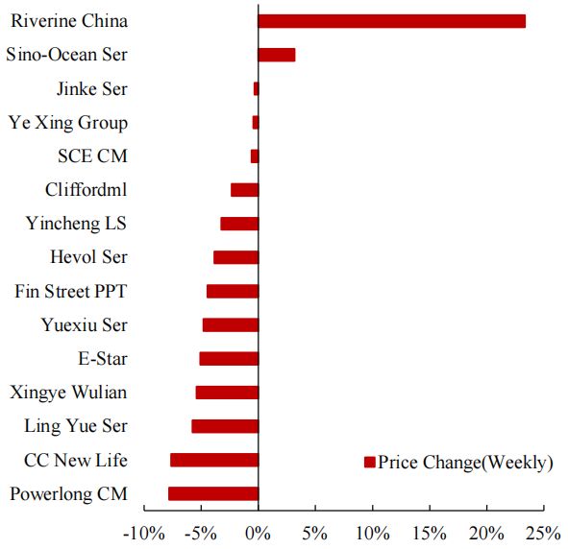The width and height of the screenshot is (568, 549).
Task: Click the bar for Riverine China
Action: click(392, 21)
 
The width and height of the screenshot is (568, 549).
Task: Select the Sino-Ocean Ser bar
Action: click(277, 55)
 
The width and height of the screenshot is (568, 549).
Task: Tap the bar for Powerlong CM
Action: click(213, 493)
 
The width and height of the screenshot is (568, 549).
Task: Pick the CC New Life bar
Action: click(214, 460)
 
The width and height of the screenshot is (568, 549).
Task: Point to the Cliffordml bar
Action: click(245, 190)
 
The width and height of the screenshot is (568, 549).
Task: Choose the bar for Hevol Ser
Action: click(236, 257)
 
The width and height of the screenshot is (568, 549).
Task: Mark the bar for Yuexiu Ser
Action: click(231, 324)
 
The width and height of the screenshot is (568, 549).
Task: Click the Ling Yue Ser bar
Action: click(225, 426)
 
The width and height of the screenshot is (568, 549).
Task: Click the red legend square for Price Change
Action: click(369, 463)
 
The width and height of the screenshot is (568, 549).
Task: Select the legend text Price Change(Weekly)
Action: click(466, 463)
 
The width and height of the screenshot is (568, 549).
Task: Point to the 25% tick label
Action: click(543, 532)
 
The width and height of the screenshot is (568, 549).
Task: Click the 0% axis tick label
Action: click(259, 532)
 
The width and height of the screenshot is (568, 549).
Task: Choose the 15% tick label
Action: click(430, 532)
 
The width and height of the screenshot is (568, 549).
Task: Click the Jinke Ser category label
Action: click(92, 89)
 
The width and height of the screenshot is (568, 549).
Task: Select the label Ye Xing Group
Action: click(67, 123)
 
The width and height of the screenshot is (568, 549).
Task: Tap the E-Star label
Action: click(103, 359)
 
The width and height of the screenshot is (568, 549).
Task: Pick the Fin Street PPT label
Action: click(71, 292)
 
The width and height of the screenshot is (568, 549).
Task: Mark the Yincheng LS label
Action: click(77, 224)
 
